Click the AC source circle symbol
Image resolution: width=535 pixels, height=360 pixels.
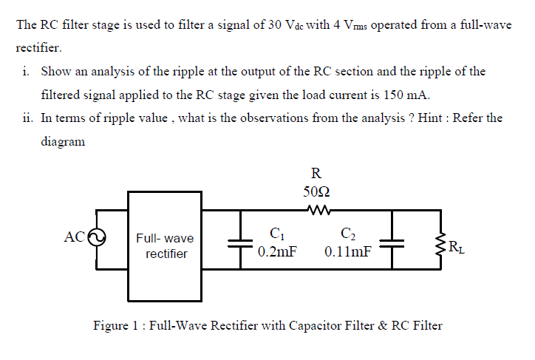(98, 238)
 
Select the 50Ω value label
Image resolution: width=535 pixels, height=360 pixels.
(316, 191)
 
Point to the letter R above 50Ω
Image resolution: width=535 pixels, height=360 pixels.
(316, 174)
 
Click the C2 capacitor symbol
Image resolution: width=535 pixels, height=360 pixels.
(392, 244)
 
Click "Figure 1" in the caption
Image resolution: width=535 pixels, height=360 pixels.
(117, 325)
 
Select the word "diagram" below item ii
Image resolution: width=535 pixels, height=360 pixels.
(63, 141)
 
